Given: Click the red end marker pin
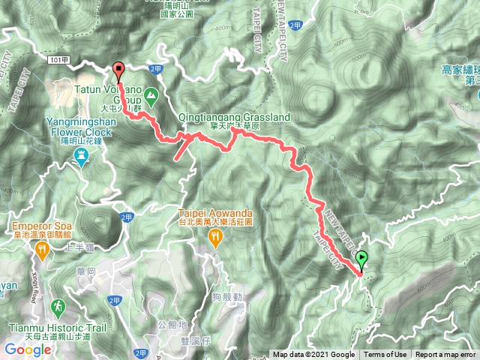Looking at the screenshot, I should [118, 70].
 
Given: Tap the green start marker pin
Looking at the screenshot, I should [362, 259].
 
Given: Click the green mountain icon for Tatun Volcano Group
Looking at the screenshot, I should [151, 95].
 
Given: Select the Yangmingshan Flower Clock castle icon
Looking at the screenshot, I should [82, 154].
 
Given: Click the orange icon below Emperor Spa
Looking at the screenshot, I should [41, 253].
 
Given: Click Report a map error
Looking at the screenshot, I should [445, 355].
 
